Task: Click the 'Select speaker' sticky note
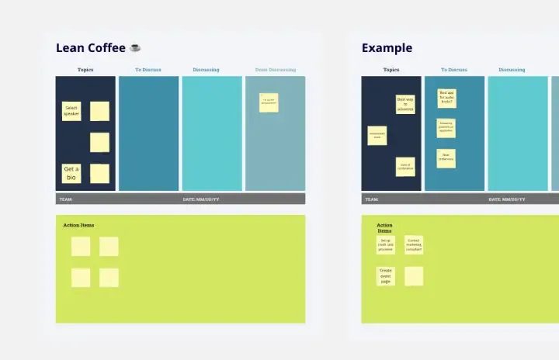(71, 111)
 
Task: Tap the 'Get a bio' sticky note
(71, 173)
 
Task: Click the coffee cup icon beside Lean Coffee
(135, 48)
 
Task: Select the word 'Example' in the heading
(387, 48)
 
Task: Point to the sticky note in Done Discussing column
(269, 102)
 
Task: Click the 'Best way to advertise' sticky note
(405, 105)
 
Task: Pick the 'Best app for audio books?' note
(446, 98)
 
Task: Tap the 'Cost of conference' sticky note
(405, 166)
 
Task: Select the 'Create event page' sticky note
(386, 276)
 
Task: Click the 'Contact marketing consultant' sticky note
(414, 245)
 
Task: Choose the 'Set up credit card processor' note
(386, 245)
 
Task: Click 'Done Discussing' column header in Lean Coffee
(276, 70)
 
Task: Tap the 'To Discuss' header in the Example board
(454, 70)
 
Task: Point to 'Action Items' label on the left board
(78, 226)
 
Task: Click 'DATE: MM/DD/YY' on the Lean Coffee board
(201, 199)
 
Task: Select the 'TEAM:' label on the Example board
(371, 199)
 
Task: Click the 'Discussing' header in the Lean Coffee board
(207, 70)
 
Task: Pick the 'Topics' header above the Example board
(391, 70)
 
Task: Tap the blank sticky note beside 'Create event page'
(414, 276)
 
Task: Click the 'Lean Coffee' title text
(90, 48)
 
